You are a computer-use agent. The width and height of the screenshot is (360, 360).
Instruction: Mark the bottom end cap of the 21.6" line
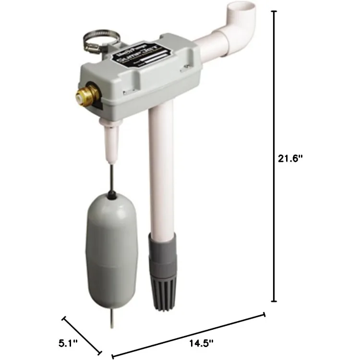click(275, 301)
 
